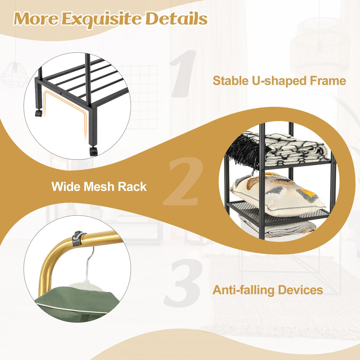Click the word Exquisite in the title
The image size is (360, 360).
click(x=101, y=19)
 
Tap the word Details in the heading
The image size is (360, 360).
click(x=176, y=18)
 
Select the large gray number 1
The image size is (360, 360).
click(x=183, y=73)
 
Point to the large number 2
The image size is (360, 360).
click(x=183, y=181)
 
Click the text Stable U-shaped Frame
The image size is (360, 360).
click(x=279, y=81)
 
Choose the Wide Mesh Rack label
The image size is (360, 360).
click(x=99, y=186)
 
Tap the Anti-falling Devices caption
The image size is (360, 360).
click(x=268, y=290)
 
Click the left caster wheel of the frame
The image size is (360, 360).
click(x=39, y=113)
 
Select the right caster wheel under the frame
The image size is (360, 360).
click(x=93, y=151)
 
